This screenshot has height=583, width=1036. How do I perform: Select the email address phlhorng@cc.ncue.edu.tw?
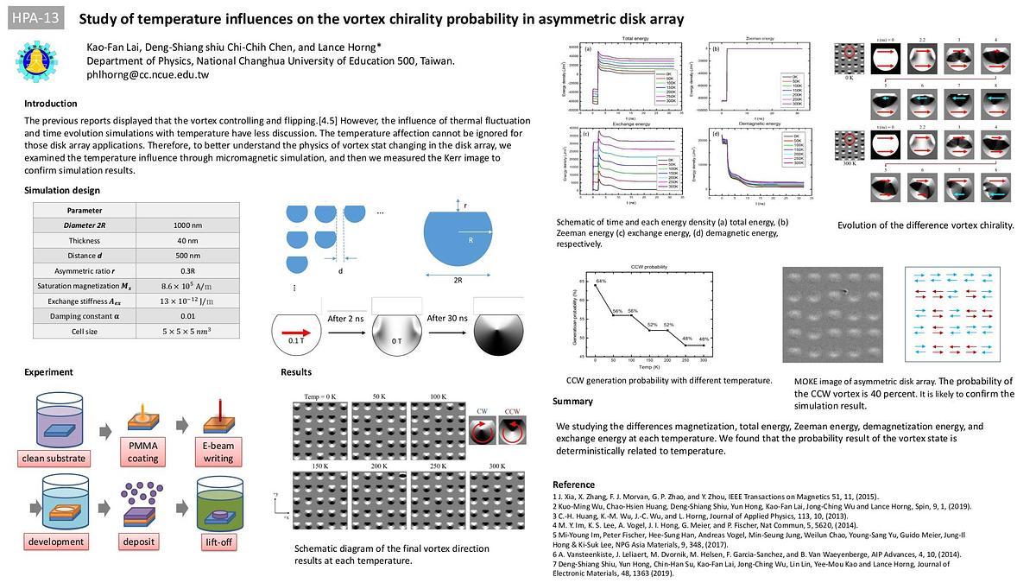tap(148, 75)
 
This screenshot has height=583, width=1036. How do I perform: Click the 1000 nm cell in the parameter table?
tap(187, 225)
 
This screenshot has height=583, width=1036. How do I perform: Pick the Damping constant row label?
tap(85, 315)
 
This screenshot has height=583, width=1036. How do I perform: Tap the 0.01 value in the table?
tap(187, 315)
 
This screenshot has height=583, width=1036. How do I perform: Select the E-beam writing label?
tap(218, 452)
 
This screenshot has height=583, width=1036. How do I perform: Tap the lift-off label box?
tap(218, 542)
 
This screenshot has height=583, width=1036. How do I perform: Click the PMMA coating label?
tap(143, 452)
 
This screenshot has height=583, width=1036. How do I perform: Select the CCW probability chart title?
tap(649, 267)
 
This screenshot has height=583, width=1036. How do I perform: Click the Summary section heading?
tap(572, 401)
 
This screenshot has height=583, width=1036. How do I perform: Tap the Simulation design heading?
tap(62, 190)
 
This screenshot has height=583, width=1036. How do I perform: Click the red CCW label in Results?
tap(512, 410)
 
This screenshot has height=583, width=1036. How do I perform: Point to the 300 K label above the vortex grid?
tap(498, 467)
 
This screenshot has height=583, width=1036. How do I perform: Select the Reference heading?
tap(573, 485)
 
